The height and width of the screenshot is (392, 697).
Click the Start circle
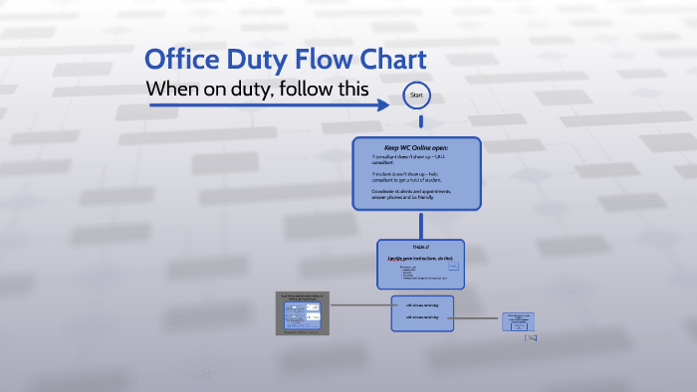point(416,96)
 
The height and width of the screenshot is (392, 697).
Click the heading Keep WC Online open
point(416,147)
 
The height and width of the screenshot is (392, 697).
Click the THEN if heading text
point(418,246)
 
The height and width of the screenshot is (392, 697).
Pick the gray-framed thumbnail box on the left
point(303,312)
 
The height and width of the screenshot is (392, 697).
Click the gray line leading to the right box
point(478,319)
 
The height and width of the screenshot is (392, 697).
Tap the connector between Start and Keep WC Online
point(419,122)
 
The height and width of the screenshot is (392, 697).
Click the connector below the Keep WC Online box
point(419,224)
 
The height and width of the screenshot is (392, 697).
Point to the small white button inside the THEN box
point(453,266)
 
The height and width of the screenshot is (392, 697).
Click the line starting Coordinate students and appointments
point(411,190)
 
